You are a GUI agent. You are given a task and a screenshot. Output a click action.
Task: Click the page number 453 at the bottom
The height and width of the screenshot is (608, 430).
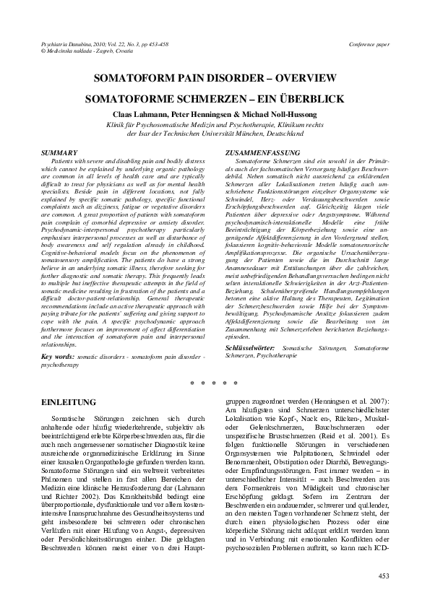click(383, 575)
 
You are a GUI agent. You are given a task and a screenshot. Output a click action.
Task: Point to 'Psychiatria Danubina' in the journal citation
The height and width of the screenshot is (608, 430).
click(55, 45)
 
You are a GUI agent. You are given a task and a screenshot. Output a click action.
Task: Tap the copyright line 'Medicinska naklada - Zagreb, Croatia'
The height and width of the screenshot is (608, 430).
click(76, 52)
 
